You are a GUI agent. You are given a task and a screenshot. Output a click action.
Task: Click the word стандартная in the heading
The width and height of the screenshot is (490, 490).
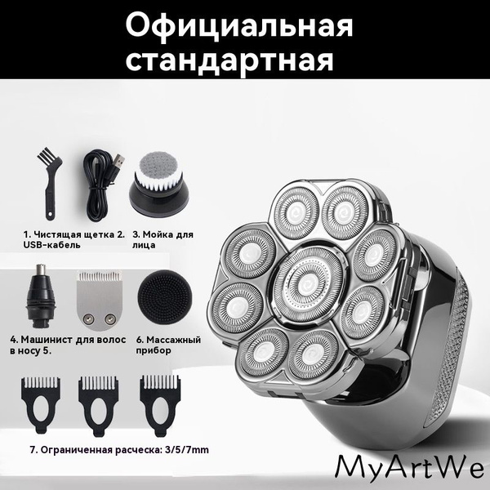click(229, 60)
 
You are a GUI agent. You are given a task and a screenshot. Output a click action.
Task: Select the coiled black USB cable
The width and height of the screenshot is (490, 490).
click(100, 185)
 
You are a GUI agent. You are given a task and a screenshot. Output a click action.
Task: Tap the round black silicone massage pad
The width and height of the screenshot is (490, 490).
click(165, 297)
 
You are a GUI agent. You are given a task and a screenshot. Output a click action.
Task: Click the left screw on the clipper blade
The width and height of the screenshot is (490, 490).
click(89, 318)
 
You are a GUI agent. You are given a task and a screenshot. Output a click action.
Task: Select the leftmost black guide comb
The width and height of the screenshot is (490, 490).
click(41, 405)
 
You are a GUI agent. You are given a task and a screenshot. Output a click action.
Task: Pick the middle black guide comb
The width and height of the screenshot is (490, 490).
click(99, 405)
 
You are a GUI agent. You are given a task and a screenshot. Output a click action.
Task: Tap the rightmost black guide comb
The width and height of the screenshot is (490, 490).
click(160, 405)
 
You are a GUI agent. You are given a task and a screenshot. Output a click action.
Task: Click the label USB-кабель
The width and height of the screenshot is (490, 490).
click(52, 245)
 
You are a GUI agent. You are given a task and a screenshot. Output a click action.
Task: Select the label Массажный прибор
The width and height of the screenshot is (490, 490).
click(168, 345)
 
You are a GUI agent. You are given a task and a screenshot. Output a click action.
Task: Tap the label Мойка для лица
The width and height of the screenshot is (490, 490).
click(163, 239)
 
